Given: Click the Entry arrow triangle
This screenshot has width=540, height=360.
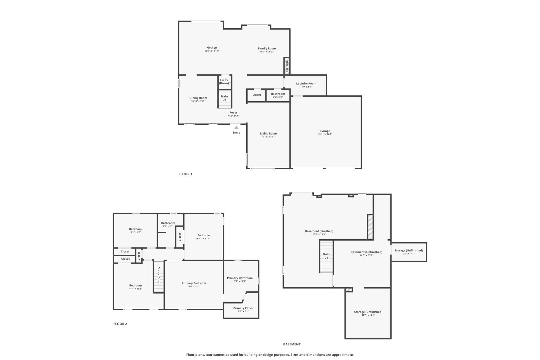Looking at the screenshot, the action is [236, 128].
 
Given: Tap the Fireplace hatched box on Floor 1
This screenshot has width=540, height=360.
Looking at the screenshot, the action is [287, 66].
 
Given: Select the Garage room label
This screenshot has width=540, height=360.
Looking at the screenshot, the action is [325, 131].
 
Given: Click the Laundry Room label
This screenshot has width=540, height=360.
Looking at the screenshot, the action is [306, 83].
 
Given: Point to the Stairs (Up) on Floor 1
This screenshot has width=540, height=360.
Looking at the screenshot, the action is [225, 99].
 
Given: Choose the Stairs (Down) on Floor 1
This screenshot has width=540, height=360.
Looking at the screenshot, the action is [225, 82].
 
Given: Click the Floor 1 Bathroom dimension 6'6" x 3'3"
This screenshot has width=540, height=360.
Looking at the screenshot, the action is [278, 97].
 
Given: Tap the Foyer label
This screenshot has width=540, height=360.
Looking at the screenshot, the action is [234, 113].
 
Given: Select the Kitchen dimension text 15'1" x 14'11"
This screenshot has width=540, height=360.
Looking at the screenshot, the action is [212, 51].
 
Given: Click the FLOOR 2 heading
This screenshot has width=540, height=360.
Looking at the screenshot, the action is [120, 324].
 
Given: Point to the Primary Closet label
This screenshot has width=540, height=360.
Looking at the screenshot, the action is [244, 308].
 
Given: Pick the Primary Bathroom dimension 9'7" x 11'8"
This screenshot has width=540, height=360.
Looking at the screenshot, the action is [240, 281].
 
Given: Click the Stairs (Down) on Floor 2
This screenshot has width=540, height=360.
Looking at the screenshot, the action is [159, 276].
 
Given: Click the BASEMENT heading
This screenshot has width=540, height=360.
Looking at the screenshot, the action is [292, 344].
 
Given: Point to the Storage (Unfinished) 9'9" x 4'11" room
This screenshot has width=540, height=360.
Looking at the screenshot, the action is [409, 252].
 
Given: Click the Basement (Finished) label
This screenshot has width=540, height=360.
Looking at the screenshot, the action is [319, 231].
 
